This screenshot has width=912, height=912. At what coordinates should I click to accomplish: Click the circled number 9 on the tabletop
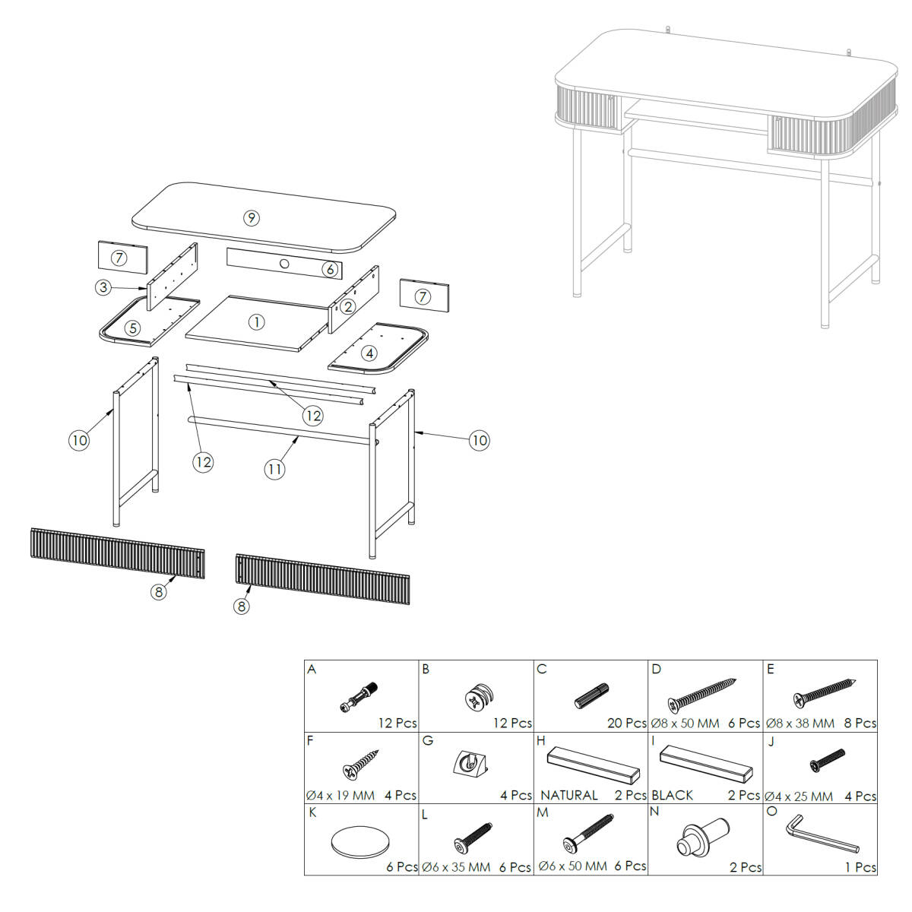click(252, 217)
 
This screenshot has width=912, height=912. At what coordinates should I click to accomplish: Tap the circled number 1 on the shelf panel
click(257, 322)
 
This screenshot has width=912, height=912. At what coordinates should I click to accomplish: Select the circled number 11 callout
click(274, 469)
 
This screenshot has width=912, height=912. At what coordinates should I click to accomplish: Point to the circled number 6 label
click(330, 269)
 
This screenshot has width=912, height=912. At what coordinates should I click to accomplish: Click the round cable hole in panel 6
click(284, 263)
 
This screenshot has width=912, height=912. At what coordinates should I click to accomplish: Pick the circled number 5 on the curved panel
click(132, 328)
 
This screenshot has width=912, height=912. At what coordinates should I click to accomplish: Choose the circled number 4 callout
click(369, 353)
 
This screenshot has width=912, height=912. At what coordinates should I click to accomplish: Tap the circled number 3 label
click(103, 287)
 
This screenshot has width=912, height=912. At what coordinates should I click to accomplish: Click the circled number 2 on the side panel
click(348, 307)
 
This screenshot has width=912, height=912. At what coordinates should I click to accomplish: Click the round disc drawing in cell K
click(360, 842)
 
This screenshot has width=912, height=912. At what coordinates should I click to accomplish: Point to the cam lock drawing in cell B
click(479, 697)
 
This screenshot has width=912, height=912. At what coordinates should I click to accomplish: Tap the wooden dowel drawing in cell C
click(591, 695)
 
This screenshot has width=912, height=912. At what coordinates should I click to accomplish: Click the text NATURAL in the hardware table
click(569, 795)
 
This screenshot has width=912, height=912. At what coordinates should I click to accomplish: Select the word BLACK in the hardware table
click(672, 795)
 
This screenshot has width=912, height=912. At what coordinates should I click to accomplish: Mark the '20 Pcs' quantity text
click(626, 724)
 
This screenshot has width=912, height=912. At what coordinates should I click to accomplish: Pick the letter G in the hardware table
click(427, 741)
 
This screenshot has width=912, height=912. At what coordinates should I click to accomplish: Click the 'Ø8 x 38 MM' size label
click(800, 724)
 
